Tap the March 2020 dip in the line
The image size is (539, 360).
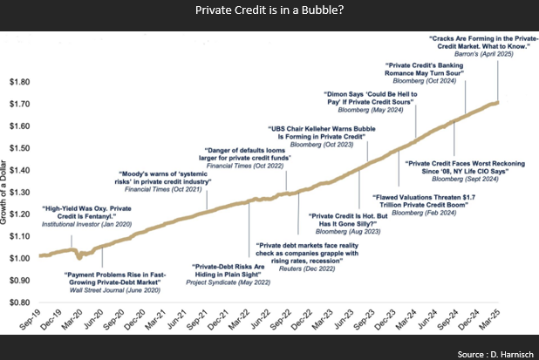(x=79, y=258)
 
